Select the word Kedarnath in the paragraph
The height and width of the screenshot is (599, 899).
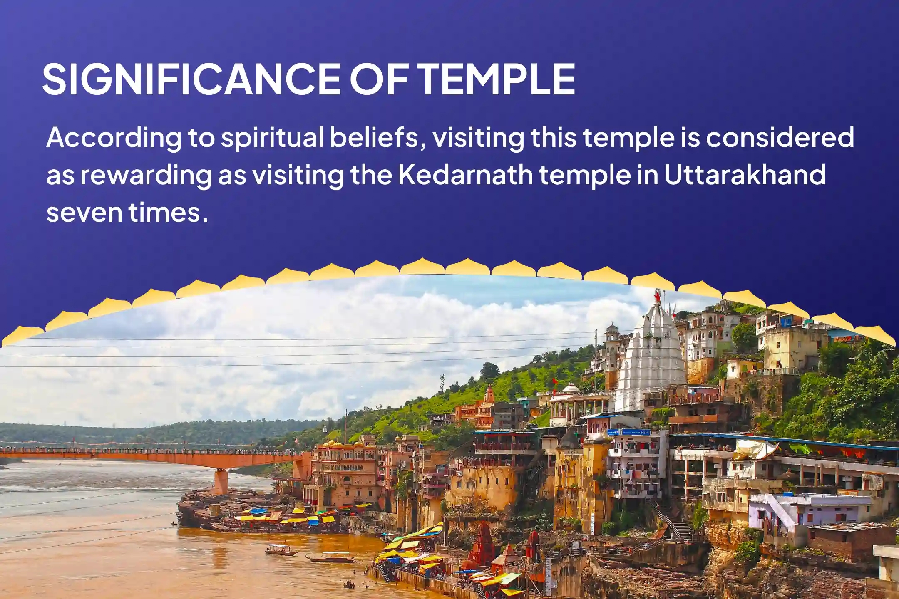pos(465,175)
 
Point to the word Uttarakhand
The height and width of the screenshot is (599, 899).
pos(745,175)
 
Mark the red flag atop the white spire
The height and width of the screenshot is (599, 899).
pos(658,297)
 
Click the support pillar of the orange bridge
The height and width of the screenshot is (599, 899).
pos(221,481)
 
